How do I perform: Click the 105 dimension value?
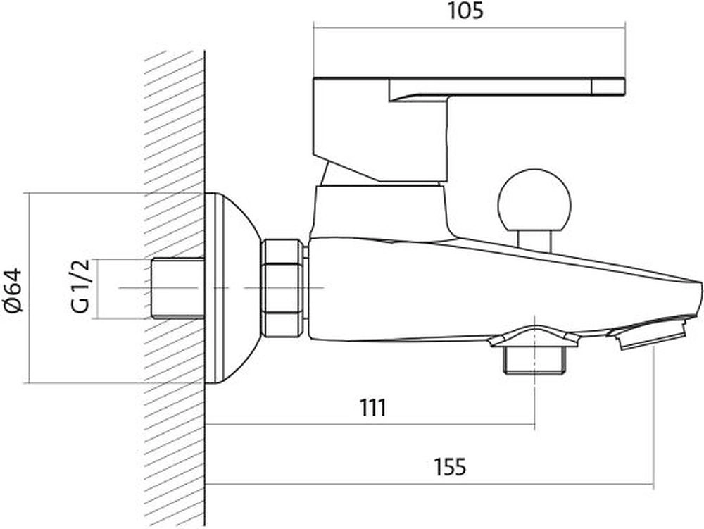click(465, 11)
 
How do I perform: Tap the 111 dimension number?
click(372, 408)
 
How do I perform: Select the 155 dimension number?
click(450, 467)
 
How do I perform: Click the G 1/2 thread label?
click(81, 285)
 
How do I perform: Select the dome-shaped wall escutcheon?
click(232, 288)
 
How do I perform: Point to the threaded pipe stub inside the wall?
click(176, 288)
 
